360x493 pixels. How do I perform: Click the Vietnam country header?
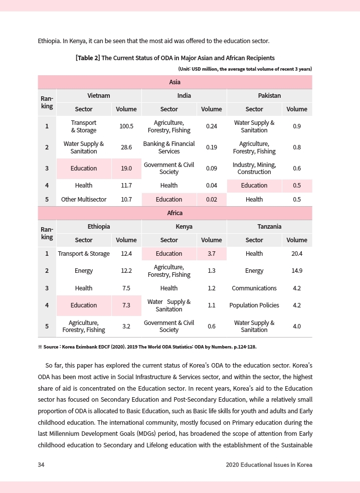click(99, 95)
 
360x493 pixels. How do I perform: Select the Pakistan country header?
click(269, 95)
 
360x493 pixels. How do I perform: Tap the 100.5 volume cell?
click(126, 126)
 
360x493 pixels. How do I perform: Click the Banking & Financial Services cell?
click(169, 147)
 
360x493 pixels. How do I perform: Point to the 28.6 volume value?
click(126, 147)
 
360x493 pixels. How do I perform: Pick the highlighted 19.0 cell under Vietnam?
click(126, 169)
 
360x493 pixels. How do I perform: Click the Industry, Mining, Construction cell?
click(254, 169)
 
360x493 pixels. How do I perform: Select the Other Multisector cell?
click(84, 199)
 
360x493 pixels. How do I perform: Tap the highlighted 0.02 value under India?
click(212, 199)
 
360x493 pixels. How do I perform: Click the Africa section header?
click(174, 213)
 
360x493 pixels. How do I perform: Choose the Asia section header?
click(174, 82)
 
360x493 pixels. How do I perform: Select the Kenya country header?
click(184, 227)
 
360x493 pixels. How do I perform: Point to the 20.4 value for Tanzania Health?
click(297, 254)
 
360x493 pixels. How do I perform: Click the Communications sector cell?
click(254, 288)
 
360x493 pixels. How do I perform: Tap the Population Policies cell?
click(254, 305)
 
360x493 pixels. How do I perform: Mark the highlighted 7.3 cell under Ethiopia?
click(126, 305)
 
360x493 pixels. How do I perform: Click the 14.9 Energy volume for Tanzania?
click(297, 271)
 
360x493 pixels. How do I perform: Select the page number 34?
click(42, 465)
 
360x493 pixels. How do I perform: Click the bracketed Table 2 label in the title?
click(87, 58)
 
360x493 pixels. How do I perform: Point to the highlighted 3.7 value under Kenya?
click(212, 254)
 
